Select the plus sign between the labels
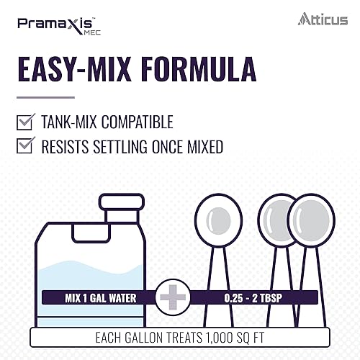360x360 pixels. (x=171, y=297)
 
